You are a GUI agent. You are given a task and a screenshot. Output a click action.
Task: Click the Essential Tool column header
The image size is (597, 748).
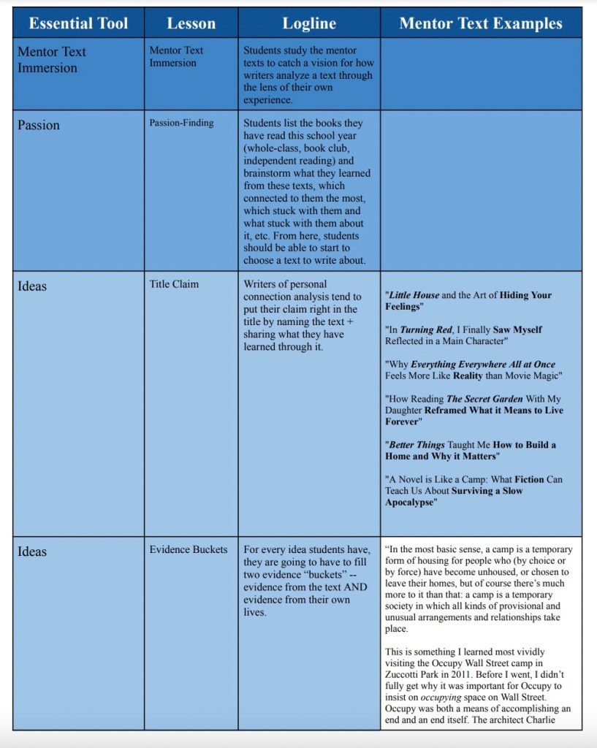[x=78, y=23]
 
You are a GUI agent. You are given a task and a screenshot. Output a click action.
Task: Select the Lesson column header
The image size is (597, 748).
[x=191, y=23]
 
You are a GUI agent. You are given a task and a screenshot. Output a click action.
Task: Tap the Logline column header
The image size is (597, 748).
[x=309, y=23]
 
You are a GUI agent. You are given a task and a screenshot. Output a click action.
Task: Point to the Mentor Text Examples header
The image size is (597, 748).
[x=481, y=23]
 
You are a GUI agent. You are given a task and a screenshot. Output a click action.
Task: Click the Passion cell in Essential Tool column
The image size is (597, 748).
[x=39, y=125]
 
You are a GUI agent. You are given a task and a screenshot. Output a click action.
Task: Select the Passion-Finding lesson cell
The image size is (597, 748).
[x=181, y=123]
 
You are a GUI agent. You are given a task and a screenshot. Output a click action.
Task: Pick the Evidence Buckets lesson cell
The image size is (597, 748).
[x=189, y=549]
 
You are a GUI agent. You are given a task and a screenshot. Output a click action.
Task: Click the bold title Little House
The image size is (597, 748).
[x=414, y=295]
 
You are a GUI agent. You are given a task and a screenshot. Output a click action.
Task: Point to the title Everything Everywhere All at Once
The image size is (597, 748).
[x=483, y=364]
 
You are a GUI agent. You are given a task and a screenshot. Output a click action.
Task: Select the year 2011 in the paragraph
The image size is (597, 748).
[x=487, y=675]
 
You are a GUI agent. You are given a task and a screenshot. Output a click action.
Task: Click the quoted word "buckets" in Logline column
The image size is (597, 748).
[x=320, y=575]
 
